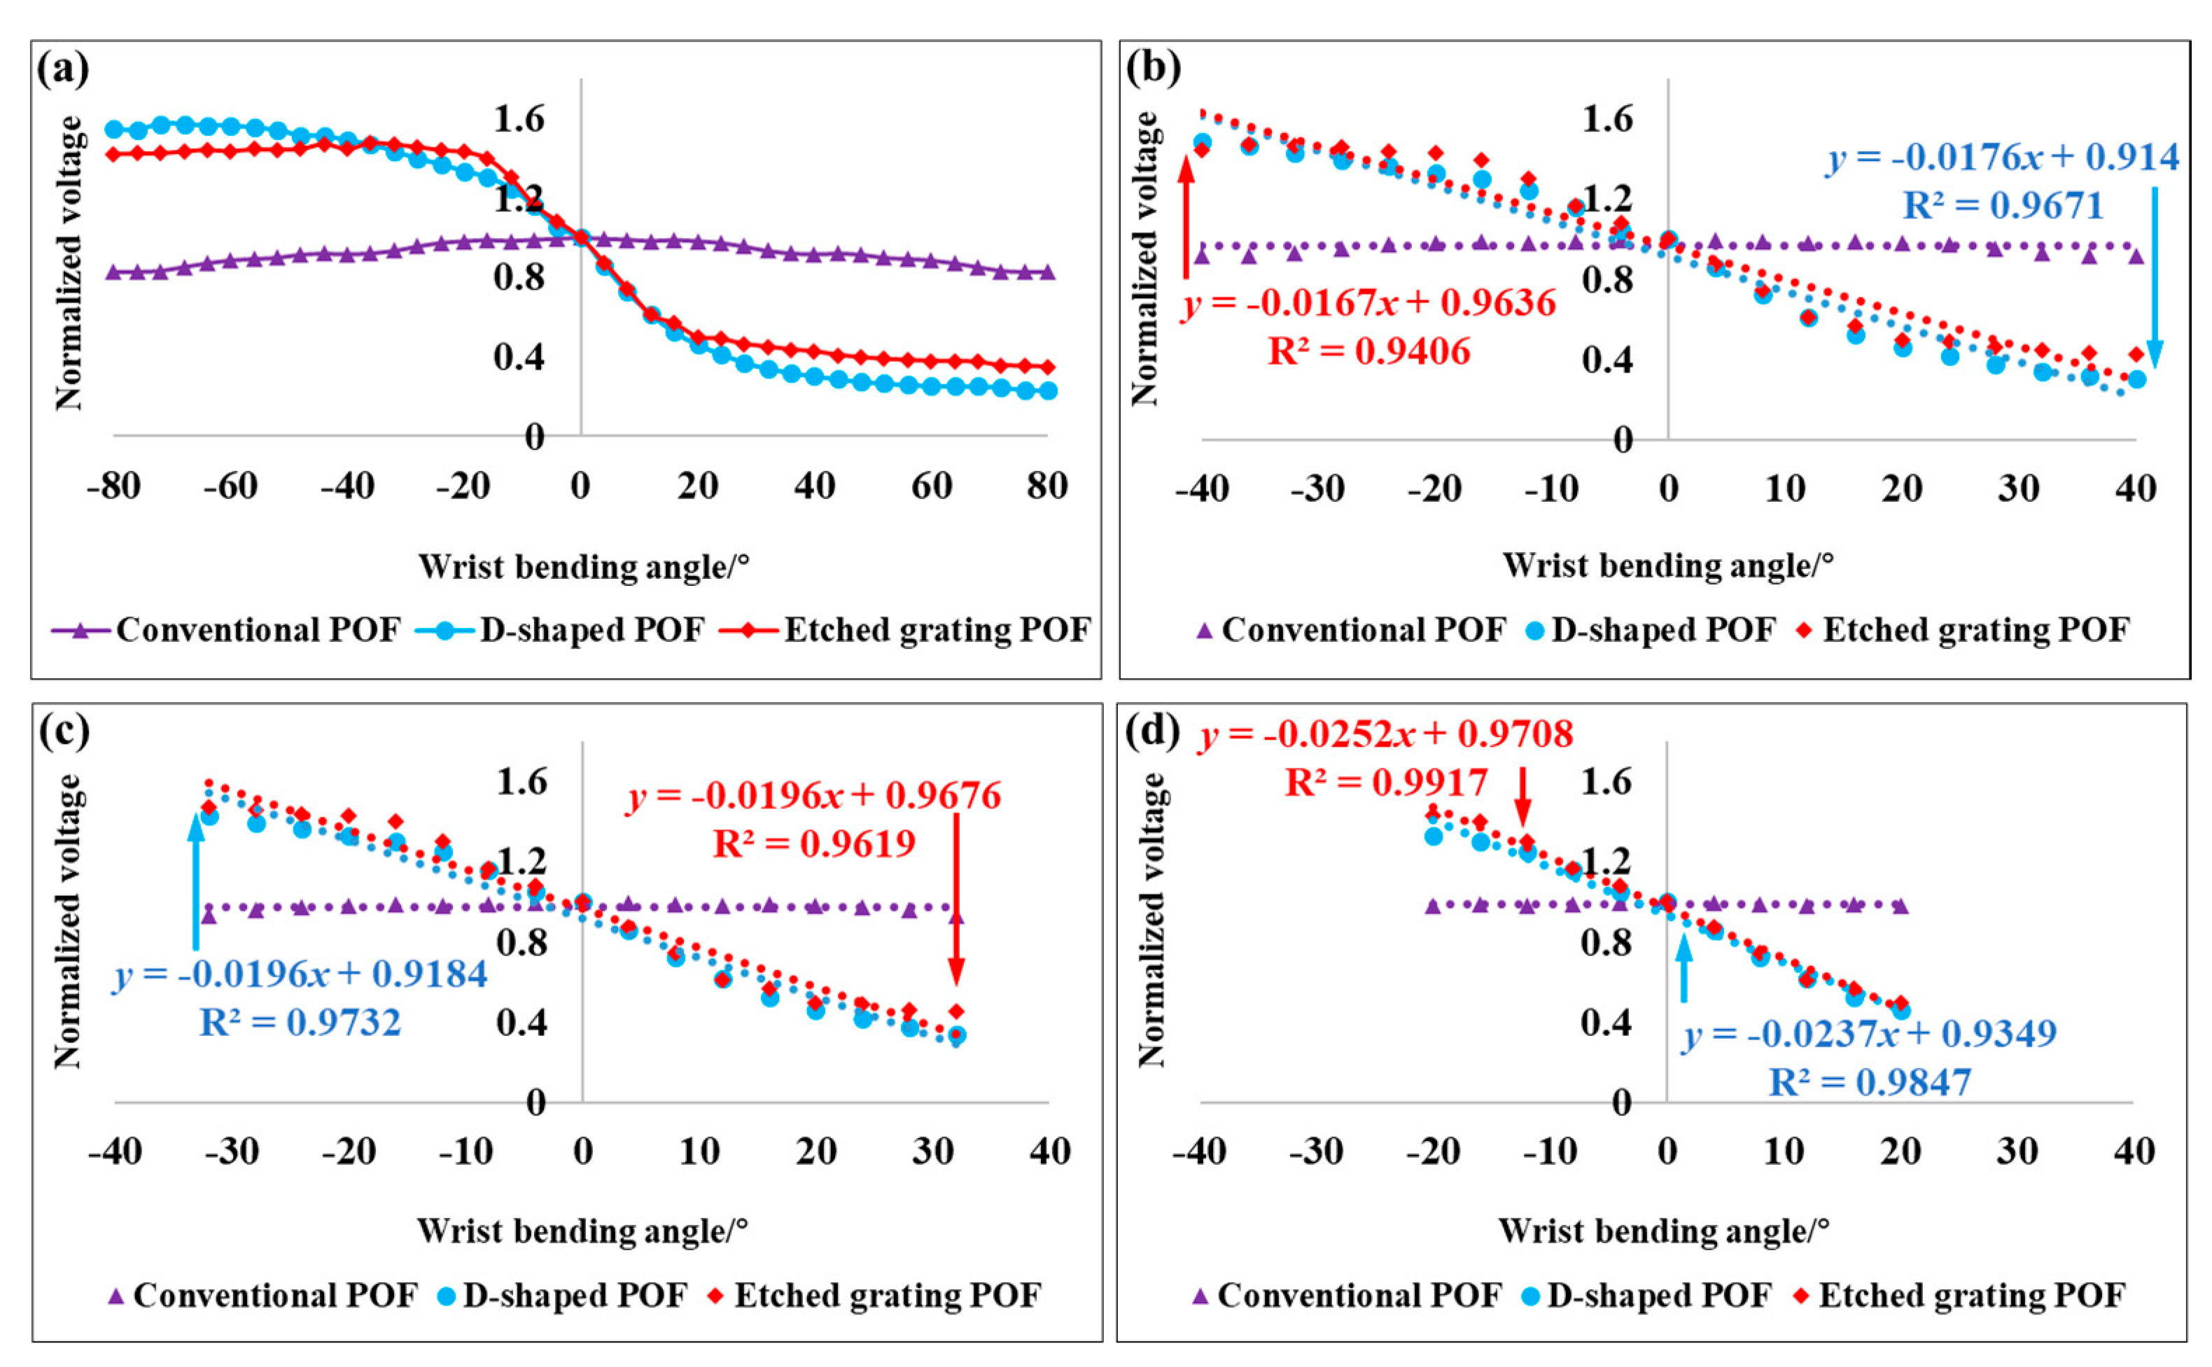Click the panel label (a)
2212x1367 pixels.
point(62,69)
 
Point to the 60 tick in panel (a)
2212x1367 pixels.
point(931,486)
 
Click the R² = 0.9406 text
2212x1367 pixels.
point(1368,351)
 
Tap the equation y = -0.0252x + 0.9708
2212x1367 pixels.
point(1386,734)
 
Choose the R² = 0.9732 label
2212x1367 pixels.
point(299,1023)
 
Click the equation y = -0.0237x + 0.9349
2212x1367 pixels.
point(1868,1032)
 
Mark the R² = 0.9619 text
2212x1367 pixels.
point(813,843)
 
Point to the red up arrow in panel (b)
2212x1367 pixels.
point(1186,217)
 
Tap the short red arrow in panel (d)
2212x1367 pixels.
point(1523,796)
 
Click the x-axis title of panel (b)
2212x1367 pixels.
point(1668,566)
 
